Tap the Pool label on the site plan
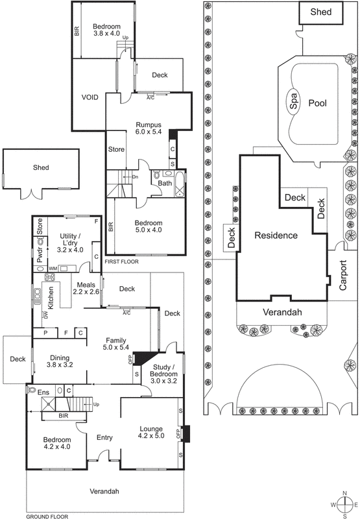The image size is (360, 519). [318, 103]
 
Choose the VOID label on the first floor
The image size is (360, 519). [90, 97]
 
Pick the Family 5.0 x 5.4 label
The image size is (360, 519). [116, 344]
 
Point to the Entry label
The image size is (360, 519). [104, 438]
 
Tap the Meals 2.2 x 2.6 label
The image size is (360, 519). [87, 288]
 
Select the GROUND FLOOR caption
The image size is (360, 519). [47, 516]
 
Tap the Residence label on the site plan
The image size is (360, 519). [276, 235]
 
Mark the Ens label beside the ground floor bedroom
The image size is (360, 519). [43, 391]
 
